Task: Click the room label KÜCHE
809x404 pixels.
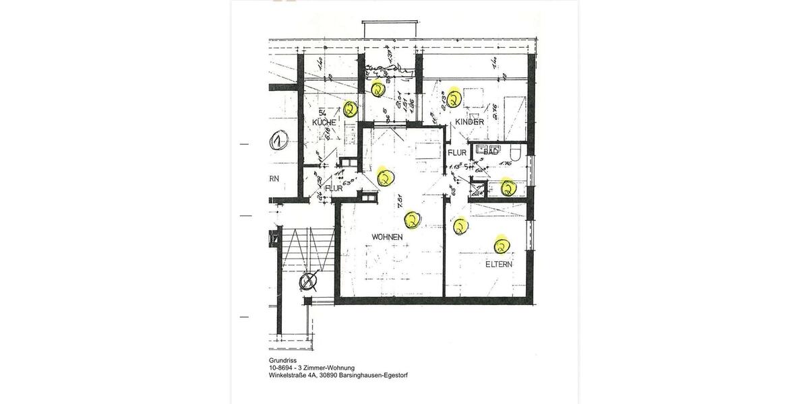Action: [x=324, y=123]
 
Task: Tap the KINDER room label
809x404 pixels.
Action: [x=469, y=122]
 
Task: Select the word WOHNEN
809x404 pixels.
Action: [x=387, y=237]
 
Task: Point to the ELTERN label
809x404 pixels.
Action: [x=499, y=265]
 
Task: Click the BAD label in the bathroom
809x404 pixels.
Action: [x=491, y=154]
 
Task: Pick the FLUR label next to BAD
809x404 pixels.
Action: [x=458, y=153]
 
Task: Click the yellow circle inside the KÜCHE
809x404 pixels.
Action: [x=350, y=108]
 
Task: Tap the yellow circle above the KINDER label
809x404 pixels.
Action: [x=454, y=98]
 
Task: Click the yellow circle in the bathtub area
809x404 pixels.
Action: [x=508, y=187]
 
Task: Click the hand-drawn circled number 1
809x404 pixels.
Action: [x=276, y=142]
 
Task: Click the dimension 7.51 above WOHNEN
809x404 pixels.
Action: [x=399, y=199]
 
